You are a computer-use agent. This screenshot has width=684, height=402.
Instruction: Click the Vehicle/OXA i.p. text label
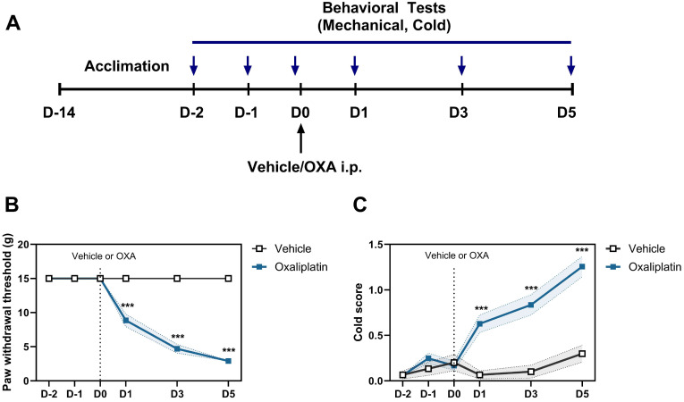(x=301, y=166)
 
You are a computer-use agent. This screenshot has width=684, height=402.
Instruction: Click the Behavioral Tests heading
(x=382, y=11)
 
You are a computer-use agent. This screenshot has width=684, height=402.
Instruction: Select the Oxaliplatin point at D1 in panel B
(x=126, y=321)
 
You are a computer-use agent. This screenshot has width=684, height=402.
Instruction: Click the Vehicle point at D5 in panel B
(x=229, y=279)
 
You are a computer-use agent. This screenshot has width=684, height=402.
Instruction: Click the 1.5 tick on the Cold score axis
(x=377, y=244)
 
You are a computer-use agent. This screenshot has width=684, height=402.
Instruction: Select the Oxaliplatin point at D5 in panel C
(x=581, y=266)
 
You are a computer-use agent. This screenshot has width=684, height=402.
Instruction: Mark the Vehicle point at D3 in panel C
(x=530, y=372)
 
